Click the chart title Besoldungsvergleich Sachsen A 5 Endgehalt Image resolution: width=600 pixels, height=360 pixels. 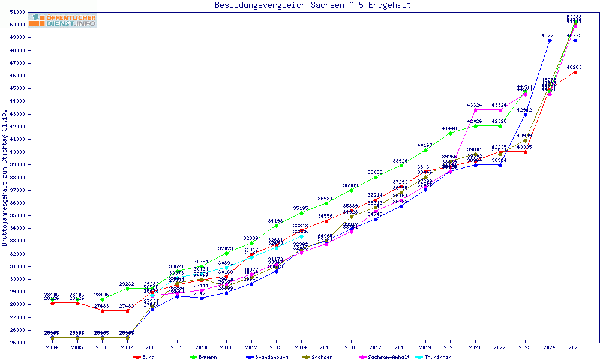pos(313,5)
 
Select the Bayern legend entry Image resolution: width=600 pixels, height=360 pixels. pos(202,357)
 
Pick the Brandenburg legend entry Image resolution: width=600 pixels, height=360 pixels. pos(266,357)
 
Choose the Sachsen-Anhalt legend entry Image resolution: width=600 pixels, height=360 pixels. pos(389,357)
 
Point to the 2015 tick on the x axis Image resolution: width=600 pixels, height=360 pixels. pos(326,347)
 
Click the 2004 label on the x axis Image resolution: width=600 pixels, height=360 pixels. pos(52,347)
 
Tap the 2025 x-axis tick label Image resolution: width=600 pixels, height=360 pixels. pos(575,347)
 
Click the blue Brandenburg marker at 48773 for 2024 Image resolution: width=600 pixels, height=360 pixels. pos(550,40)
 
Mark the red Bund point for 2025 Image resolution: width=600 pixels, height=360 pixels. pos(575,72)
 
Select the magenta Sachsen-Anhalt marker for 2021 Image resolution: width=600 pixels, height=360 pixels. pos(475,110)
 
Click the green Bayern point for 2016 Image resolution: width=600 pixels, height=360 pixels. pos(351,190)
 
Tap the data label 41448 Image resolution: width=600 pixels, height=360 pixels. pos(449,128)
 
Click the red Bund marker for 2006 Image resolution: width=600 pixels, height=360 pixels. pos(102,311)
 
